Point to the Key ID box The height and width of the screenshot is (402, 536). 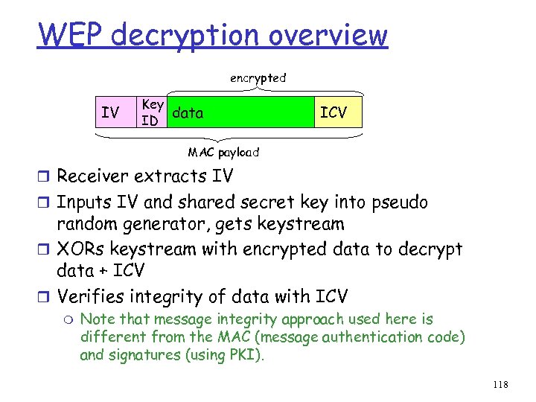[x=153, y=112]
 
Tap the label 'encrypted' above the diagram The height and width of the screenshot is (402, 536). [x=258, y=77]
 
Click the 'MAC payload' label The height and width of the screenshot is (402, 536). [x=223, y=152]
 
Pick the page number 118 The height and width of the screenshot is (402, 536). [x=500, y=385]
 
